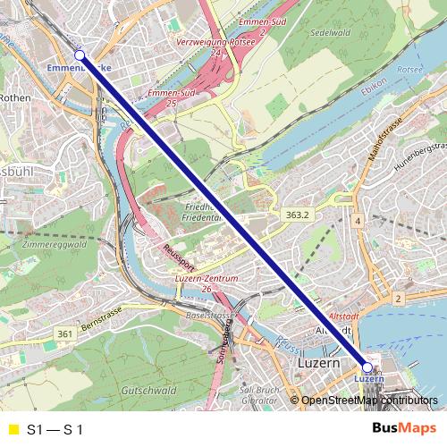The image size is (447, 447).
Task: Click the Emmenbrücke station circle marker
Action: [79, 55]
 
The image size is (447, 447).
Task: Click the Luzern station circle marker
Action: [367, 367]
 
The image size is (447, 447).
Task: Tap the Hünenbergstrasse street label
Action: [419, 157]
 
